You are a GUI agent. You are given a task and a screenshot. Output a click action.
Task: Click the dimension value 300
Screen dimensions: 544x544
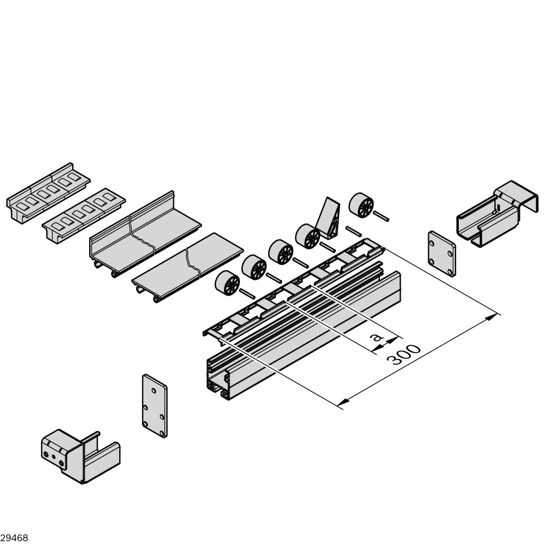point(405,354)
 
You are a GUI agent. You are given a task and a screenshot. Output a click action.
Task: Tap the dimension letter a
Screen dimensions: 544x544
point(375,338)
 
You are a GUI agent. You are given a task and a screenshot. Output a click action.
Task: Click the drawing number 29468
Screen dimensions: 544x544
point(14,538)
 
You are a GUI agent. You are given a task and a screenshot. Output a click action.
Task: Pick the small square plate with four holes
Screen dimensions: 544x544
point(441,253)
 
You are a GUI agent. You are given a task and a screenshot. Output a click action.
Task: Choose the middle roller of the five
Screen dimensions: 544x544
point(280,252)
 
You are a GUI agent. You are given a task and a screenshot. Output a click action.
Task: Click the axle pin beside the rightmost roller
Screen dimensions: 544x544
point(381,214)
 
